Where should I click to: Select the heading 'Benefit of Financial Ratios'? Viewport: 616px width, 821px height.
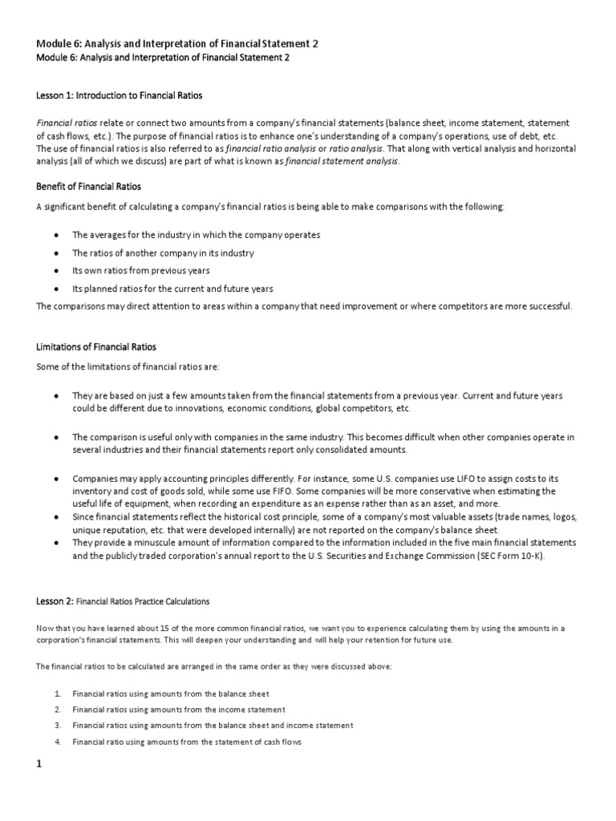(x=89, y=186)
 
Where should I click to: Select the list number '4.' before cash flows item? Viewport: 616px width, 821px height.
(x=58, y=742)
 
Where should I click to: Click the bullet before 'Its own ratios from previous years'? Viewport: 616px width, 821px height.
(x=55, y=271)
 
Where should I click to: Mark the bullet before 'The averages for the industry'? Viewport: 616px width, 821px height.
(x=55, y=235)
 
